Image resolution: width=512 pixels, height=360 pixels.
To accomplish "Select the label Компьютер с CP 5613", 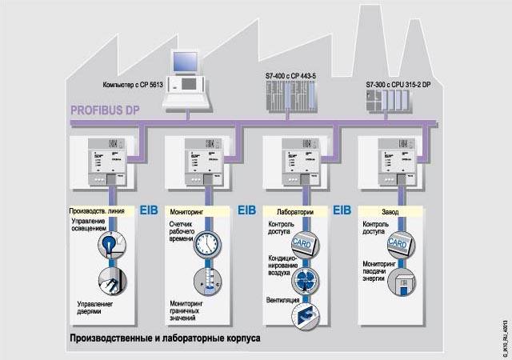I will [x=131, y=84].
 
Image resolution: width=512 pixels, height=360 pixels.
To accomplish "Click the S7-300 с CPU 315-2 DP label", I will [x=397, y=84].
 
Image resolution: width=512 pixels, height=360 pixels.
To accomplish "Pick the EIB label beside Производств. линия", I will [x=150, y=211].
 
